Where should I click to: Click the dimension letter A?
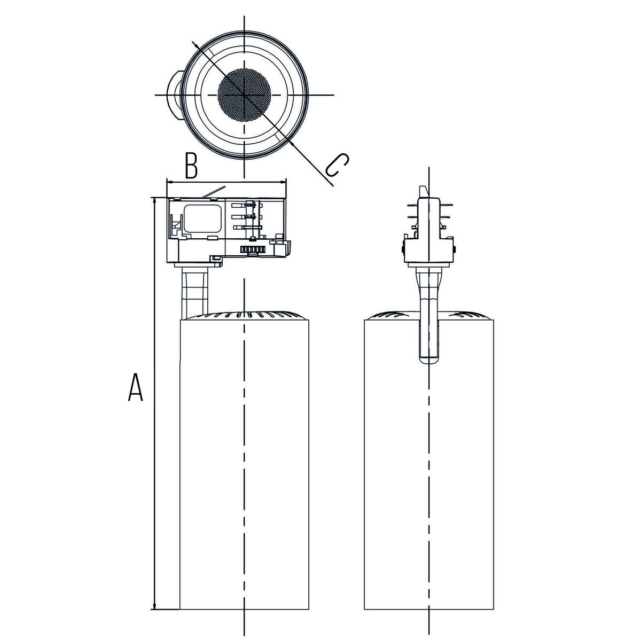click(135, 387)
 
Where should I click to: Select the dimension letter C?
click(337, 165)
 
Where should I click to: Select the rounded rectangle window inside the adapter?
click(203, 219)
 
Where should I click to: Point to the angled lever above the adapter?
click(214, 193)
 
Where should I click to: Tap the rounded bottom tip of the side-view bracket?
click(429, 361)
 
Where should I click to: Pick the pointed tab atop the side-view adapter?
click(423, 192)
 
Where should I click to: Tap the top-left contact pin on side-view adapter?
click(412, 206)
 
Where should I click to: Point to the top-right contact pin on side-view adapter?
click(446, 206)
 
